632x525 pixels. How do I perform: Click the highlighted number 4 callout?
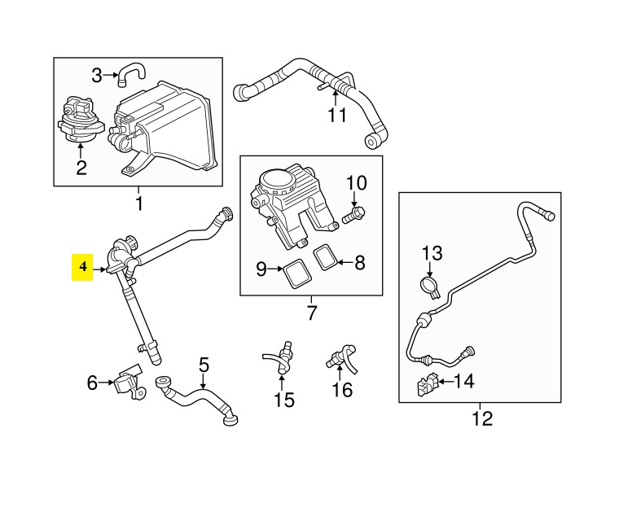coord(82,266)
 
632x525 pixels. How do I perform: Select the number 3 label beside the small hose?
coord(97,76)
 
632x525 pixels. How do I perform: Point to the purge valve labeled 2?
coord(79,120)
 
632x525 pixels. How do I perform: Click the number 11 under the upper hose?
coord(338,115)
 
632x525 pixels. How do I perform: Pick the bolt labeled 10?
coord(354,216)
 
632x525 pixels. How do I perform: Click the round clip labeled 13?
coord(430,286)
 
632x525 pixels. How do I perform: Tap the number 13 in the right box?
coord(431,254)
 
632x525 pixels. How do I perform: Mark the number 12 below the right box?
coord(482,419)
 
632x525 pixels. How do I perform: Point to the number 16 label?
coord(343,390)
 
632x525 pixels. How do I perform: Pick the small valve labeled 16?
coord(340,357)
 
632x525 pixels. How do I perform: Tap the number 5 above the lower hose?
coord(204,365)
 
